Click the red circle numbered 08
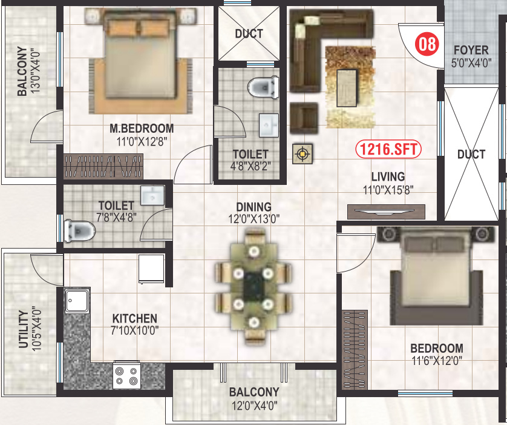[x=427, y=44]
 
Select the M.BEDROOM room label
[x=142, y=129]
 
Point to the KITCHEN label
[x=134, y=318]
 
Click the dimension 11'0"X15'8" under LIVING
[x=388, y=189]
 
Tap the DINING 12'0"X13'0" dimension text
[x=254, y=219]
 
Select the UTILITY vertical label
[x=23, y=329]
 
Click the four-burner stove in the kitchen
[x=126, y=375]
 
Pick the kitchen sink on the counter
[x=77, y=301]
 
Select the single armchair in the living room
[x=304, y=117]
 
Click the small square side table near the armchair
[x=301, y=155]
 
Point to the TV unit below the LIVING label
[x=386, y=212]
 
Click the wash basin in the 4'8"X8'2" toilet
[x=267, y=125]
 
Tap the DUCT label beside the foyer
[x=471, y=154]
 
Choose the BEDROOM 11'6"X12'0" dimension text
[x=436, y=361]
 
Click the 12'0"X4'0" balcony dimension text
[x=254, y=406]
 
